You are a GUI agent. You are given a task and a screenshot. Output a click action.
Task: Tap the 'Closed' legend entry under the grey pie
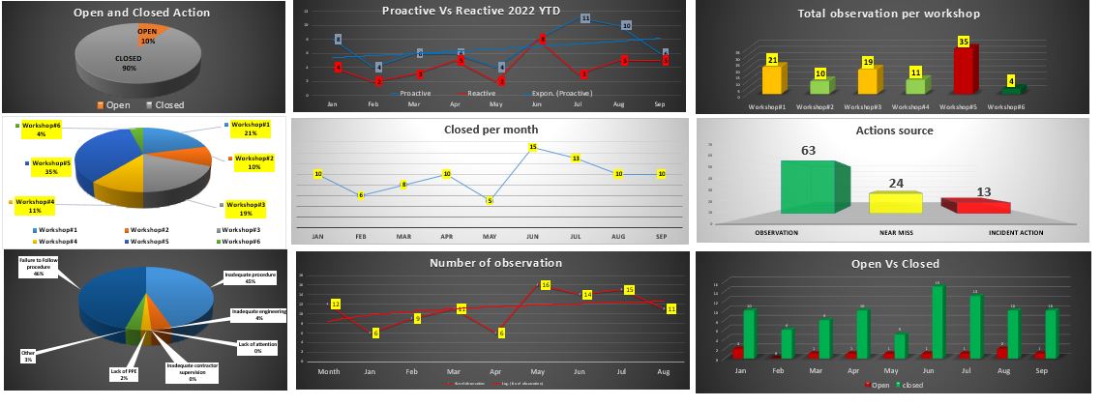pyautogui.click(x=164, y=104)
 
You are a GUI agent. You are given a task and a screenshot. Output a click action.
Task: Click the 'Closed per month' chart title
pyautogui.click(x=491, y=129)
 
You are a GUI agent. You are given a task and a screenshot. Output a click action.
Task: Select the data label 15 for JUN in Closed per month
pyautogui.click(x=533, y=147)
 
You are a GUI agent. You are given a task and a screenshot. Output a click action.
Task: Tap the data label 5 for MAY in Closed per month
pyautogui.click(x=491, y=201)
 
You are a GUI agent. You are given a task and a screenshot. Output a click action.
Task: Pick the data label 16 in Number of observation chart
pyautogui.click(x=546, y=285)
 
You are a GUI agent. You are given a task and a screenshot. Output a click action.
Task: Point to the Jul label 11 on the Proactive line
pyautogui.click(x=585, y=18)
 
